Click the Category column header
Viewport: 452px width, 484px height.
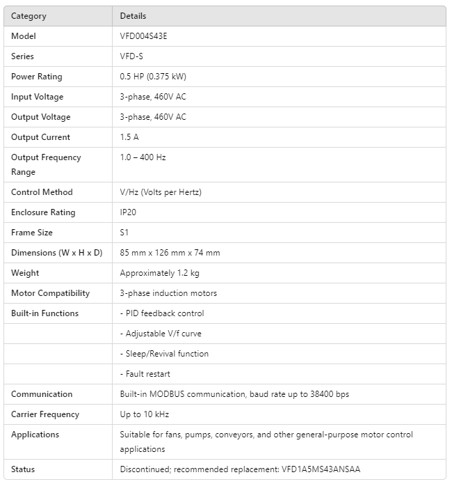[29, 16]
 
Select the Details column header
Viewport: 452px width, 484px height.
[133, 16]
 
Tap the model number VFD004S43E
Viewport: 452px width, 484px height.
[143, 36]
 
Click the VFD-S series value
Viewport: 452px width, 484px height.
[131, 56]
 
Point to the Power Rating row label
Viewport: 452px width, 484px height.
[36, 77]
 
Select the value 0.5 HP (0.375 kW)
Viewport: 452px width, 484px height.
[153, 77]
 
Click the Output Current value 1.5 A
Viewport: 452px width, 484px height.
[129, 137]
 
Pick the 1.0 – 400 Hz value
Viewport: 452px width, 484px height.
[143, 157]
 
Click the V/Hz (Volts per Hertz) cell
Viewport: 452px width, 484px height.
[161, 192]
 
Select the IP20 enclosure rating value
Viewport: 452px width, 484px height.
[128, 212]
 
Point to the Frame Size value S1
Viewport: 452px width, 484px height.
[124, 233]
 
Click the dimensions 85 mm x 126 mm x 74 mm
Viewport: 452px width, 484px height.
[170, 253]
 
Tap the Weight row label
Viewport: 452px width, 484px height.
[25, 273]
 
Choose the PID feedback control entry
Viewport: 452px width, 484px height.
[162, 313]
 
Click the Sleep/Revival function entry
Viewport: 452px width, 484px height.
[164, 354]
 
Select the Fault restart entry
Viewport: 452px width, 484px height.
[145, 374]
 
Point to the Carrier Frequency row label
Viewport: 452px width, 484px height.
[45, 414]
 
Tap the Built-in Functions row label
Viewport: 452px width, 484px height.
[45, 313]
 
